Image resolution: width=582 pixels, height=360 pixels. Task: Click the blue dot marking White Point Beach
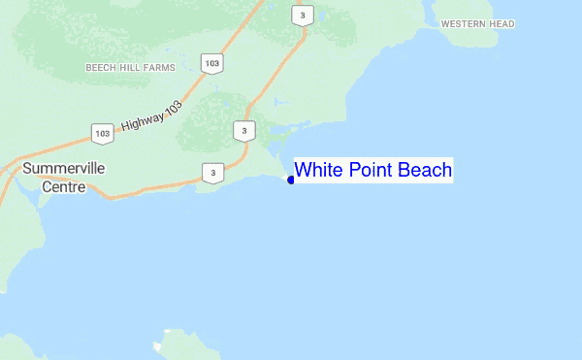(290, 180)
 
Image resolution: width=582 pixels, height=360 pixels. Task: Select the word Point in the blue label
(368, 171)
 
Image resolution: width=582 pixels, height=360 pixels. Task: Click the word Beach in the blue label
(424, 171)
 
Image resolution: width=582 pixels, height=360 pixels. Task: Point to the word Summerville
(63, 168)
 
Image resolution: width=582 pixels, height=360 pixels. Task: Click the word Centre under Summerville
(63, 186)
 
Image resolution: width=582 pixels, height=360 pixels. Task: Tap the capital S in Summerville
(27, 168)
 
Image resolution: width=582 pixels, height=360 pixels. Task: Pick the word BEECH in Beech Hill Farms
(101, 68)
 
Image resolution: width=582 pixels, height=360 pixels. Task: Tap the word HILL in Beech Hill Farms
(130, 68)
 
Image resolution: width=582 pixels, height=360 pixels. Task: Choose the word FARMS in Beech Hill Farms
(158, 68)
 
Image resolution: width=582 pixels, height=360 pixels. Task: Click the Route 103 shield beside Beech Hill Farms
(210, 63)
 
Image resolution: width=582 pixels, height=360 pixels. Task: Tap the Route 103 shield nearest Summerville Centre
(101, 132)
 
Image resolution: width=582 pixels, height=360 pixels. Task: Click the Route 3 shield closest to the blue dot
(244, 131)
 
